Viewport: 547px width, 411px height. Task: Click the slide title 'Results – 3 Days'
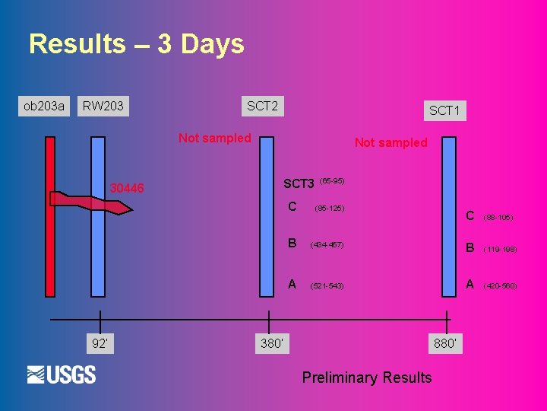tap(137, 44)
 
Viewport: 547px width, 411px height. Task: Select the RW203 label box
tap(103, 106)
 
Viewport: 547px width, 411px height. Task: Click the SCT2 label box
tap(262, 106)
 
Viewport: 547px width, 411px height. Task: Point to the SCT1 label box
tap(444, 111)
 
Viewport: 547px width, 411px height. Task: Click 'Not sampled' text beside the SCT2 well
tap(214, 138)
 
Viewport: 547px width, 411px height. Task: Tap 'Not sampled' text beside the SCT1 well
tap(390, 142)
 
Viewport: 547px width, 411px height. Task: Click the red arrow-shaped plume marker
tap(91, 201)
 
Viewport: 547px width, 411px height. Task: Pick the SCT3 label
tap(299, 183)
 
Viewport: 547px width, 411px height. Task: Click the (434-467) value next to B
tap(327, 245)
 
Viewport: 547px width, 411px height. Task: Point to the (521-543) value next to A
tap(327, 286)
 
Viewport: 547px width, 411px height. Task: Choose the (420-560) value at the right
tap(500, 286)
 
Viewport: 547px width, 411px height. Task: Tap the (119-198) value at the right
tap(500, 249)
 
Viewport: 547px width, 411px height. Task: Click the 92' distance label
tap(100, 343)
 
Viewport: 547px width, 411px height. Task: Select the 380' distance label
tap(271, 343)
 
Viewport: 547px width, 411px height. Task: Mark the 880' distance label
tap(446, 343)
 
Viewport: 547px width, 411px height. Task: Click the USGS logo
tap(62, 374)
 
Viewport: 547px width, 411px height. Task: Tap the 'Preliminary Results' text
tap(366, 378)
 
